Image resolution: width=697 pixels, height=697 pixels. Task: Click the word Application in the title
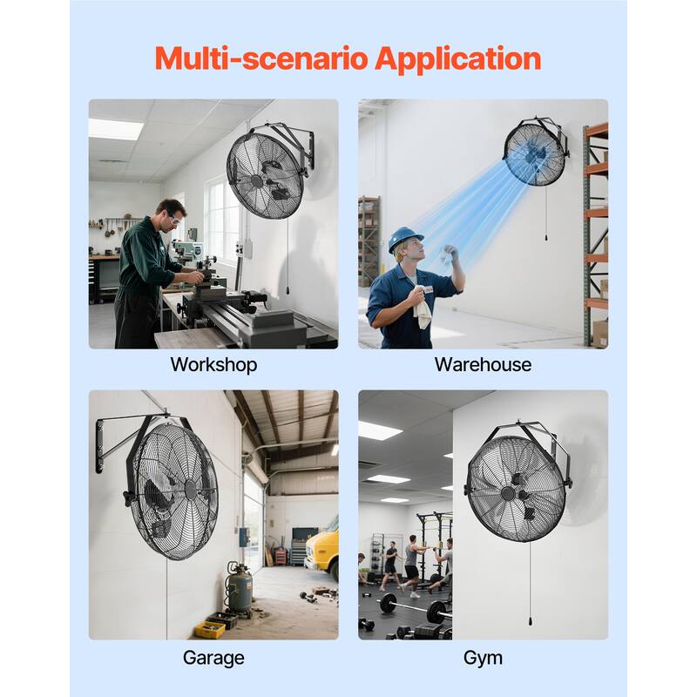coord(458,59)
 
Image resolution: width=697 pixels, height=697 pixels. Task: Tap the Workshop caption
coord(213,364)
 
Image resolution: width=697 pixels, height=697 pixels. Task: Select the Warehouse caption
coord(483,364)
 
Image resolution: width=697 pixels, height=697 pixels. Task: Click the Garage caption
coord(213,657)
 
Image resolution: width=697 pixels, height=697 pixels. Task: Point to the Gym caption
coord(483,657)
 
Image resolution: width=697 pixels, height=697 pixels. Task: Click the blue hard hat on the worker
coord(404,238)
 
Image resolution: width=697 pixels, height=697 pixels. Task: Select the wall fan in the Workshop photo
coord(266,173)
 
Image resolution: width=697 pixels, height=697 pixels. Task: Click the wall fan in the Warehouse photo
coord(534,154)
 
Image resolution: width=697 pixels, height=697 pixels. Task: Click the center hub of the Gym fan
coord(508,493)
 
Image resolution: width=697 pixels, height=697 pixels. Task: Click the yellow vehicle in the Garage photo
coord(324,547)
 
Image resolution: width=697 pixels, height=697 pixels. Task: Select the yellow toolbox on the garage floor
coord(210,628)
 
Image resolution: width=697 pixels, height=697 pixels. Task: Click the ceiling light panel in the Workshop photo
coord(115,129)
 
